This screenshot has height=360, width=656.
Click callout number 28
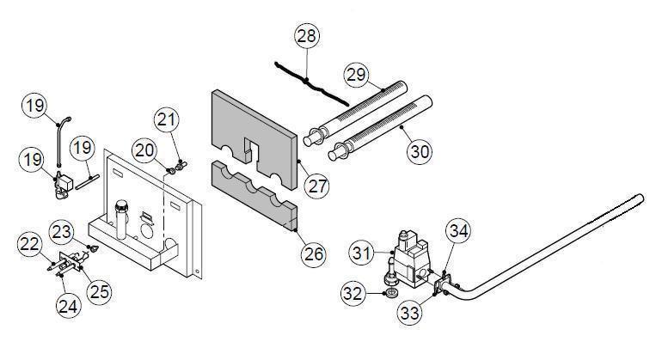tap(306, 36)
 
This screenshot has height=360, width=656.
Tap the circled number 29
tap(356, 76)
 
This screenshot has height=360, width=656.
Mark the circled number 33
tap(409, 312)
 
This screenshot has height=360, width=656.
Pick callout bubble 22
tap(30, 246)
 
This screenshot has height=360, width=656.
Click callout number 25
tap(100, 291)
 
